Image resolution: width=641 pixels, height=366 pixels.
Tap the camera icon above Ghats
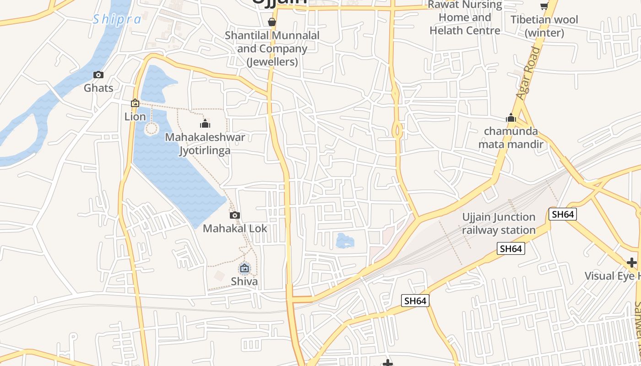(x=98, y=75)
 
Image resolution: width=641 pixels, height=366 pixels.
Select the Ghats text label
(x=98, y=88)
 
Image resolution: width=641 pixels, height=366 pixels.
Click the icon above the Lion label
(x=135, y=103)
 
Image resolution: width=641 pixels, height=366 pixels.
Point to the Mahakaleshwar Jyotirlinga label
(x=205, y=144)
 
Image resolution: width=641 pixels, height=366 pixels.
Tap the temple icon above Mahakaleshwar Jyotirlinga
(x=205, y=124)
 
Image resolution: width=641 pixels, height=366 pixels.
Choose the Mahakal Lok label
(x=235, y=228)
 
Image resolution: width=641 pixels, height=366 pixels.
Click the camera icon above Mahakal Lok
(x=235, y=215)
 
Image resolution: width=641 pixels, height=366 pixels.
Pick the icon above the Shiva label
(x=244, y=268)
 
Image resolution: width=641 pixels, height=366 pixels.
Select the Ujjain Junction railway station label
(x=499, y=223)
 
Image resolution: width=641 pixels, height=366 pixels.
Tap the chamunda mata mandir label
(x=511, y=138)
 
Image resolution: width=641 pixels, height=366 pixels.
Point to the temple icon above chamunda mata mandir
(x=511, y=118)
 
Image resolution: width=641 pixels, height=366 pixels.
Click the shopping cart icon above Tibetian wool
(x=544, y=6)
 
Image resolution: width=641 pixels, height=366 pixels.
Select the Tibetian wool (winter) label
(x=544, y=26)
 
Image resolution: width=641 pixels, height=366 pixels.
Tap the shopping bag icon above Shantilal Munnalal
(x=272, y=22)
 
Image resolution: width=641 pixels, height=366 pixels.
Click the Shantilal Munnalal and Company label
(x=272, y=48)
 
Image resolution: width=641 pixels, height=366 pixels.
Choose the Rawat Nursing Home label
(x=465, y=17)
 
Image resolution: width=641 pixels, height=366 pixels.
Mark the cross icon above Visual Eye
(x=632, y=263)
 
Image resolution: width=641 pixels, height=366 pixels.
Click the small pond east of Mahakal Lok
(x=345, y=240)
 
